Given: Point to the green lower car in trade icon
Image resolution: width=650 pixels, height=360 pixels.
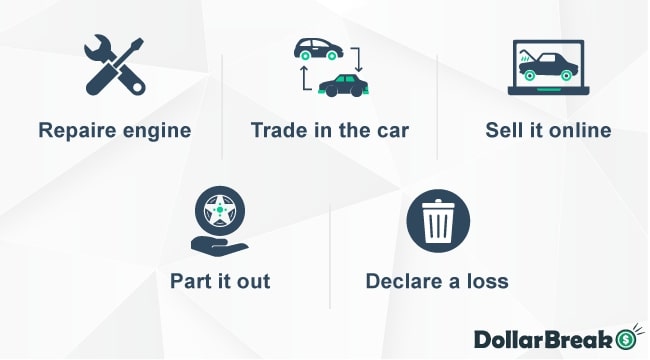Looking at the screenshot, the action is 342,85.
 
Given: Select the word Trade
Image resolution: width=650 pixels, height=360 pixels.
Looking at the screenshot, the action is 277,131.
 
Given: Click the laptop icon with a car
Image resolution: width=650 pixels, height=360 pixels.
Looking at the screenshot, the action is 547,67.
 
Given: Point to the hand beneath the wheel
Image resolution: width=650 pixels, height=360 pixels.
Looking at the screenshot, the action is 218,243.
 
